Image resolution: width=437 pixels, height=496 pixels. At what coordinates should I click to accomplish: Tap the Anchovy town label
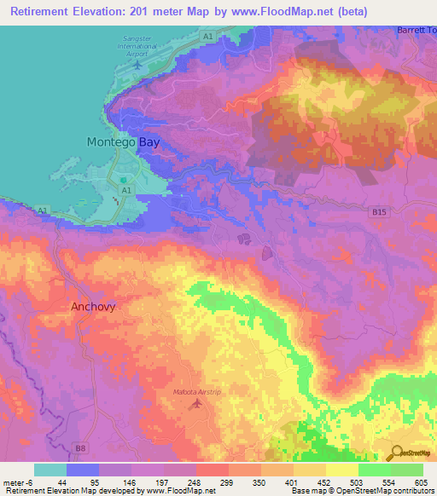click(92, 306)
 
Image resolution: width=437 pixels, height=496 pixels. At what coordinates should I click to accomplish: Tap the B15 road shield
click(379, 211)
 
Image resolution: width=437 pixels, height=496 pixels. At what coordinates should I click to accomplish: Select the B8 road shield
click(80, 447)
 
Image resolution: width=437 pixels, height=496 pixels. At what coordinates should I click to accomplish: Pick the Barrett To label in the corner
click(417, 30)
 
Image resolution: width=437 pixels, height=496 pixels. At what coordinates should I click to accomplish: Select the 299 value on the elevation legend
click(228, 482)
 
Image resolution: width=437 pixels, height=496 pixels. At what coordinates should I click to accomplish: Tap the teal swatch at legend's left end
click(50, 470)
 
